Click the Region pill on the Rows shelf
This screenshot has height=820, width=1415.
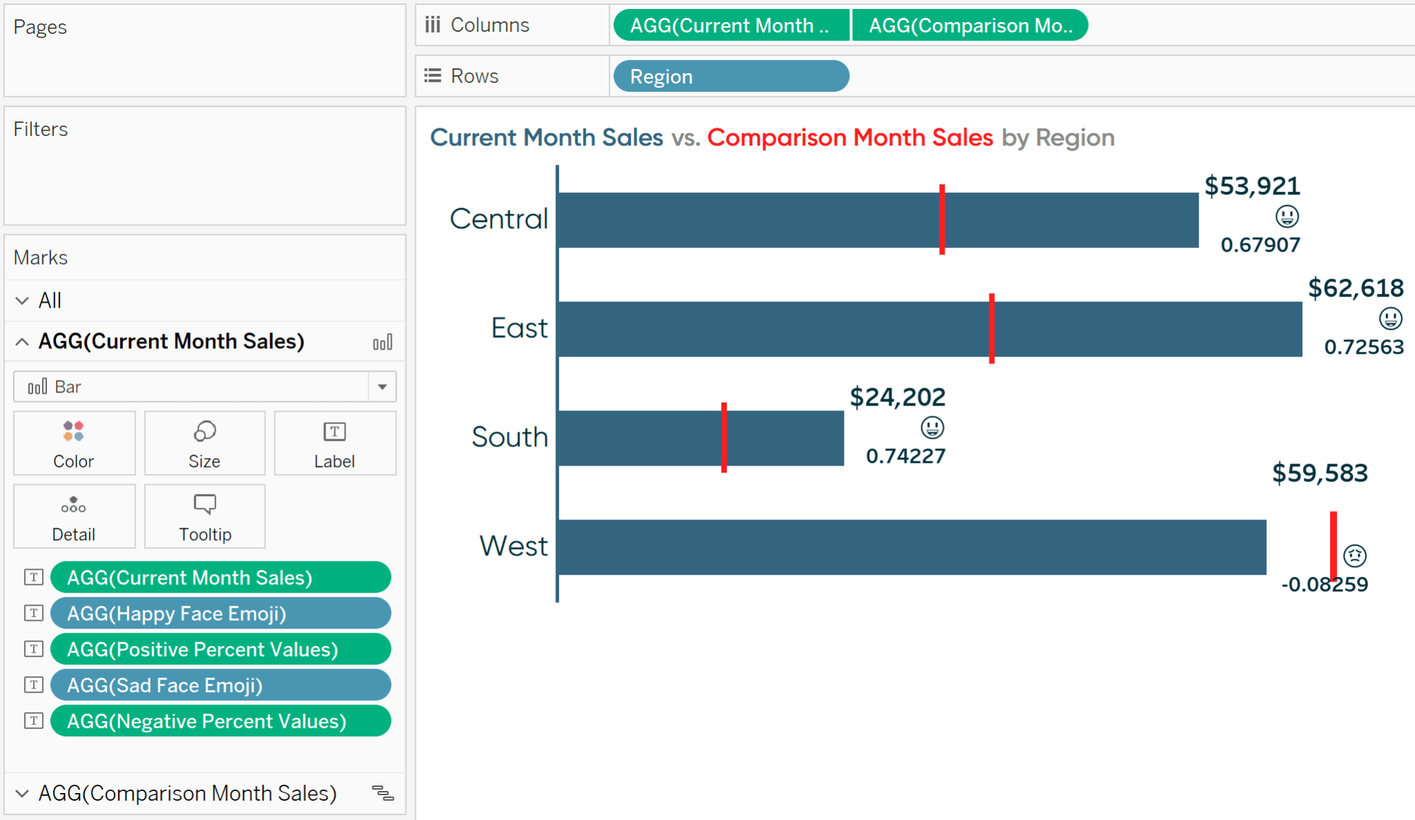(x=730, y=76)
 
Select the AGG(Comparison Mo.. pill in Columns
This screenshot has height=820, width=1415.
(x=969, y=26)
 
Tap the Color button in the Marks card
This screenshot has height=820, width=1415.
(x=74, y=443)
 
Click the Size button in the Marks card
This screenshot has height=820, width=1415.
(x=205, y=443)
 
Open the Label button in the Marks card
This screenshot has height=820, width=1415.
(x=334, y=443)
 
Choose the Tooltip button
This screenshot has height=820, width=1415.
(x=205, y=516)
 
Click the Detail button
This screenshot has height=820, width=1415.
(x=74, y=516)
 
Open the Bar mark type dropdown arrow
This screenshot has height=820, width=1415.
(x=382, y=387)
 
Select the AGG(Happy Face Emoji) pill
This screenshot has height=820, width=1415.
(x=220, y=613)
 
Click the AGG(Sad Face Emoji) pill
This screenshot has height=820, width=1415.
(x=220, y=685)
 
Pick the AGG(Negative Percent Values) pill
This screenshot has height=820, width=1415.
(x=220, y=721)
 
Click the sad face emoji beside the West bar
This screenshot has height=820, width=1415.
(x=1354, y=555)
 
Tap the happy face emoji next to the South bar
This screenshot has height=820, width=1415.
(x=932, y=428)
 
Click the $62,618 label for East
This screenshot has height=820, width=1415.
(x=1355, y=288)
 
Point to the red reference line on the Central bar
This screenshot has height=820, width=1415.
(x=942, y=220)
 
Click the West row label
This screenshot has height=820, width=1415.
(x=513, y=546)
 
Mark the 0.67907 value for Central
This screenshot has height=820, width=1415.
(x=1260, y=245)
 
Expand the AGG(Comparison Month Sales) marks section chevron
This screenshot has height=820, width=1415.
(x=22, y=793)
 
